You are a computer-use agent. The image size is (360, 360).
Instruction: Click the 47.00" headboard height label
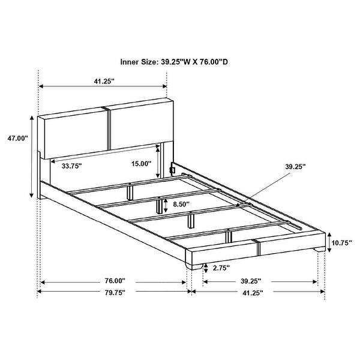[x=17, y=139]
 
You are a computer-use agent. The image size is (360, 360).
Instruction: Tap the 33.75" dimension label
[x=71, y=166]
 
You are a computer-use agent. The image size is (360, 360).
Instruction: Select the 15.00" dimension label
[x=142, y=164]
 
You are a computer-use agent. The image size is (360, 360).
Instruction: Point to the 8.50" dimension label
[x=181, y=204]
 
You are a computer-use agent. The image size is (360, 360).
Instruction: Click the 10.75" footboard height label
[x=341, y=243]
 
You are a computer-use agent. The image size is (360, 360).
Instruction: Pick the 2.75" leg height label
[x=221, y=268]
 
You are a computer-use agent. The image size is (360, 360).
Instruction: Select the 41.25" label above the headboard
[x=104, y=81]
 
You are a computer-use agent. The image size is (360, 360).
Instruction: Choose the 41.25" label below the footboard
[x=253, y=293]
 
